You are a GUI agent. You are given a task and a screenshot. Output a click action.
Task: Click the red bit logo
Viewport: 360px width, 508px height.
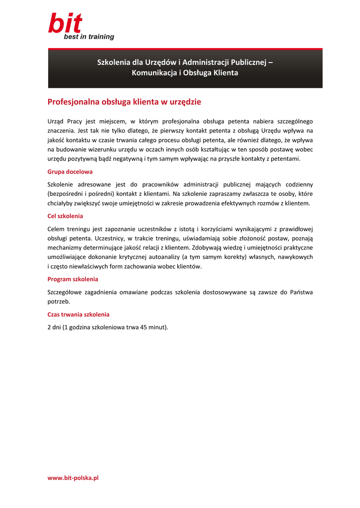tap(65, 24)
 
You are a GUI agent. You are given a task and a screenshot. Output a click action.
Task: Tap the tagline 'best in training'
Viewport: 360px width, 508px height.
tap(88, 37)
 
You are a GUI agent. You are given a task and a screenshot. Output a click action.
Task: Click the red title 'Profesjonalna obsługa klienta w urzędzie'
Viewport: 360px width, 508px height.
tap(124, 102)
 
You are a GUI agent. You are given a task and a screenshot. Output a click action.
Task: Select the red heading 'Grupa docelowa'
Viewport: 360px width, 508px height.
tap(70, 172)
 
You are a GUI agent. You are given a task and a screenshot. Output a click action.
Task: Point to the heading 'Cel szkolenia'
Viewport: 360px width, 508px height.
tap(65, 216)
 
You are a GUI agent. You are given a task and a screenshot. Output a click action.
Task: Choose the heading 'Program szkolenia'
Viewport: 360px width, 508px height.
tap(72, 279)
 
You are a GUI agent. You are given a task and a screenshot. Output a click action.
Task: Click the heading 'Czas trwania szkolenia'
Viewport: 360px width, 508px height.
tap(78, 314)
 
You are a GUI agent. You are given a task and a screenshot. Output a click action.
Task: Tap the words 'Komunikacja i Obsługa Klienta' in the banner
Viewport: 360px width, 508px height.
tap(185, 73)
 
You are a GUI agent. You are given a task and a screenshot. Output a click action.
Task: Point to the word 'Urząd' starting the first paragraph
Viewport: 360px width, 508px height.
tap(56, 121)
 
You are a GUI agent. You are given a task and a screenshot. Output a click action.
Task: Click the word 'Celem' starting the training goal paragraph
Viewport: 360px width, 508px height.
tap(57, 229)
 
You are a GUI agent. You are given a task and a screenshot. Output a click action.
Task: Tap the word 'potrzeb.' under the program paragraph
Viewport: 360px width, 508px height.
tap(59, 301)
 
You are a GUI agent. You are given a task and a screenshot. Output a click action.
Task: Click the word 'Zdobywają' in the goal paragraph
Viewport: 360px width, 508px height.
tap(207, 247)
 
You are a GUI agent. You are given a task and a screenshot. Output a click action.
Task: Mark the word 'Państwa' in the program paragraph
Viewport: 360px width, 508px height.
tap(302, 292)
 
